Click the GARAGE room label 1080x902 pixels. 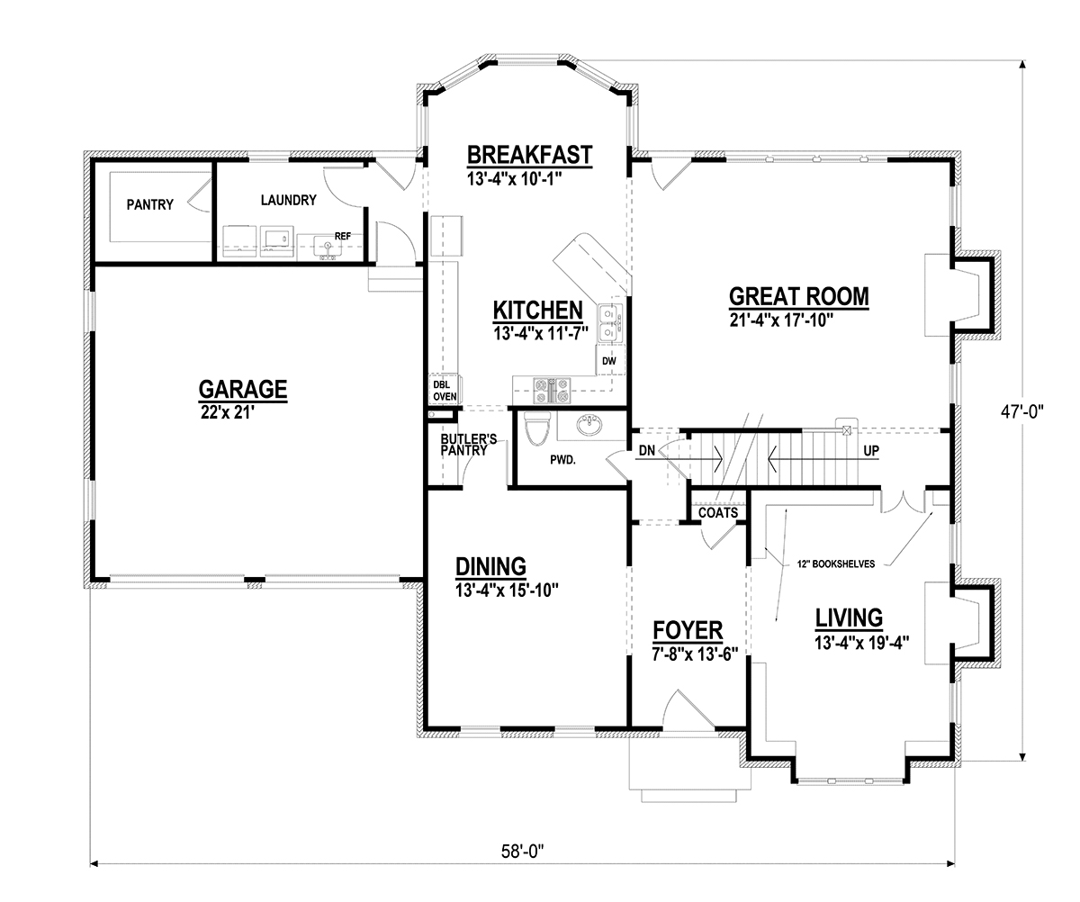[243, 389]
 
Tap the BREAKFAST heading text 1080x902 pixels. [530, 155]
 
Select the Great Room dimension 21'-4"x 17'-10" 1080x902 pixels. [781, 320]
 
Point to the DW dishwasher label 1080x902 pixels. [609, 361]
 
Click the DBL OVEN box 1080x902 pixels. [445, 390]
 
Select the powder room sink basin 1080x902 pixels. [589, 427]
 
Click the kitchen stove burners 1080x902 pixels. [552, 391]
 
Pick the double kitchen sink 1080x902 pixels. [611, 323]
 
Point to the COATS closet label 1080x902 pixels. [718, 513]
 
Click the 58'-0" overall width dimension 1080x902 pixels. [523, 851]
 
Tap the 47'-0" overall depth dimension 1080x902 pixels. [1021, 411]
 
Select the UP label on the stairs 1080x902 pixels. [871, 451]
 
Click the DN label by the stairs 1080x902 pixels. [647, 451]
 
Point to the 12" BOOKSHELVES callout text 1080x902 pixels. [836, 564]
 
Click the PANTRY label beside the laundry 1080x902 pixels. [150, 205]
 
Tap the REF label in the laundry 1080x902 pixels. [343, 236]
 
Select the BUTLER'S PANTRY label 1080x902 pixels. [468, 445]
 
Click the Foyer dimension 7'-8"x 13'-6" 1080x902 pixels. [695, 654]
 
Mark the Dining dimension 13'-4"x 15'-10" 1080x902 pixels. [507, 590]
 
